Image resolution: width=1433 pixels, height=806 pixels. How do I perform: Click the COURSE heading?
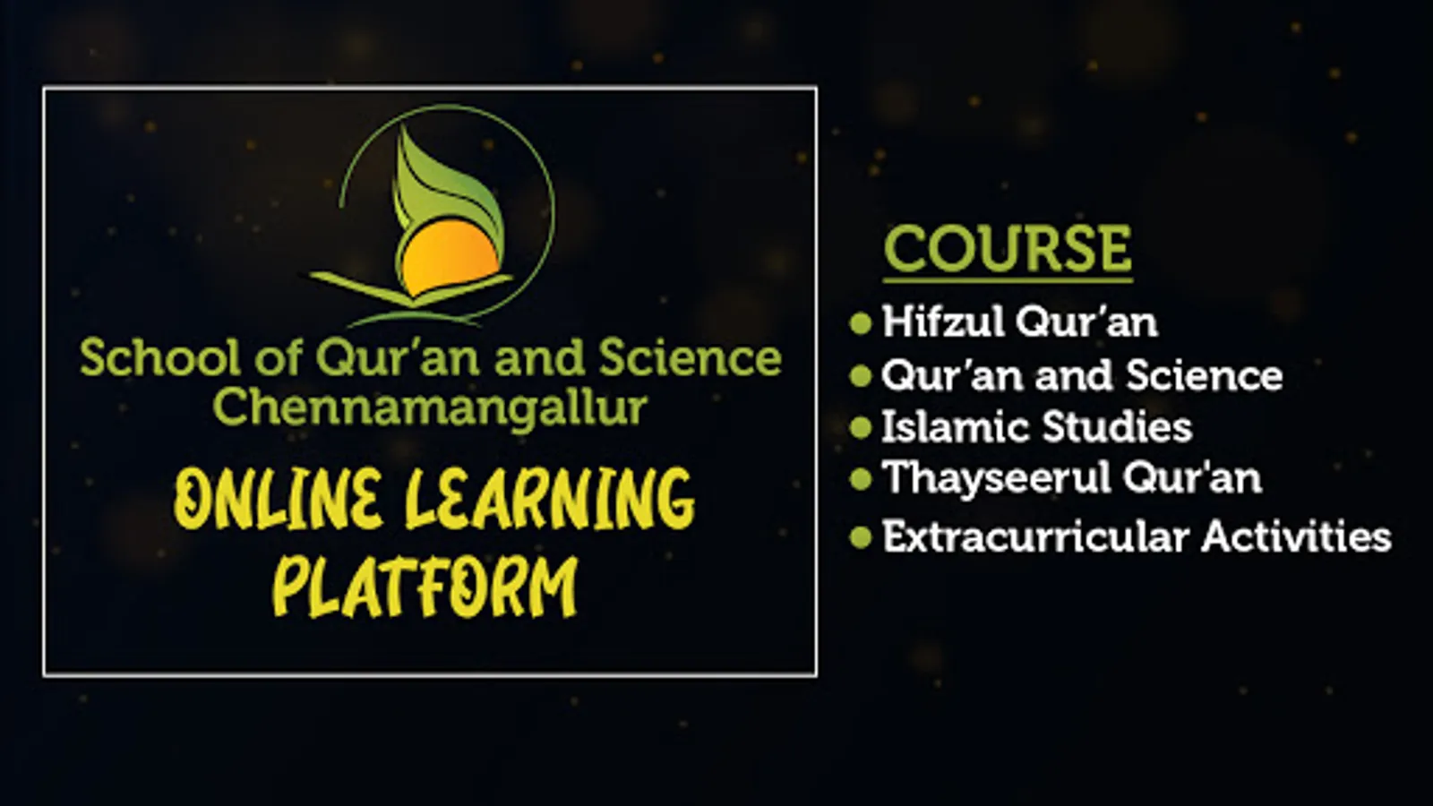pyautogui.click(x=1008, y=249)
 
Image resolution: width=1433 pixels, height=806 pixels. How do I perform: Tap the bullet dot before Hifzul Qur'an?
pyautogui.click(x=861, y=323)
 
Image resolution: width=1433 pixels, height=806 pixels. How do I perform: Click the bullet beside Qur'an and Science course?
pyautogui.click(x=861, y=375)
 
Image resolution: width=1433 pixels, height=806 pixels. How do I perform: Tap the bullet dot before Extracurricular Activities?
pyautogui.click(x=861, y=537)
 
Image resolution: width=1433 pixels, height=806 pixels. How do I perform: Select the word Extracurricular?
pyautogui.click(x=1035, y=536)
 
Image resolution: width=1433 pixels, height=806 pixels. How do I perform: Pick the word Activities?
pyautogui.click(x=1296, y=536)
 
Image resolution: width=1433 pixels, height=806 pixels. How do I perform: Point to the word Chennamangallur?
pyautogui.click(x=429, y=408)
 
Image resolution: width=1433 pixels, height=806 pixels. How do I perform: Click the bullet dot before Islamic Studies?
pyautogui.click(x=861, y=427)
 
